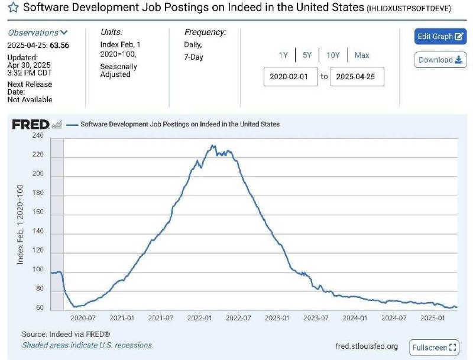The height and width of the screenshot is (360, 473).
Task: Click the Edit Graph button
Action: [x=440, y=37]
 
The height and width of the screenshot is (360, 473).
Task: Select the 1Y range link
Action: [x=284, y=55]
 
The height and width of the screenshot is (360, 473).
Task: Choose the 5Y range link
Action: [x=307, y=55]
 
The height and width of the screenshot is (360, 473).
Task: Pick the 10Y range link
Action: [x=333, y=55]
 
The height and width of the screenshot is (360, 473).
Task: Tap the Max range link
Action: [x=362, y=55]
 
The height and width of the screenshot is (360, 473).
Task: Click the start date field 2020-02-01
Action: [x=290, y=77]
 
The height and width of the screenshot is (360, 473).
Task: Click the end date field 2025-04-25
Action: [x=357, y=77]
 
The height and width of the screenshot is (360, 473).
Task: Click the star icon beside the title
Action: [x=12, y=9]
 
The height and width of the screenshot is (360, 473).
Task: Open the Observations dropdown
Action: [x=38, y=33]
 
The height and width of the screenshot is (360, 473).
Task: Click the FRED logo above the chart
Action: [x=31, y=125]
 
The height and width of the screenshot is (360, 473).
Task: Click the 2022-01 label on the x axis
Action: [x=200, y=317]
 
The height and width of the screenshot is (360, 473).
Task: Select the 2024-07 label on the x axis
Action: [x=394, y=317]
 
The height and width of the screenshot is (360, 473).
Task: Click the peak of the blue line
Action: [x=212, y=145]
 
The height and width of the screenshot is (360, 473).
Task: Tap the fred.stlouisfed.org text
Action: [x=367, y=346]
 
